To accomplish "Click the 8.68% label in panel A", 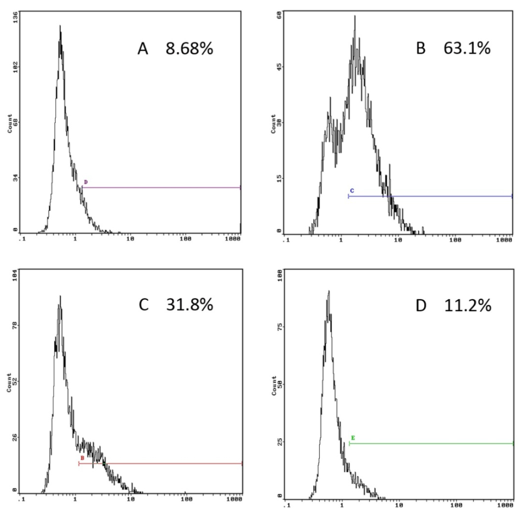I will [x=189, y=49].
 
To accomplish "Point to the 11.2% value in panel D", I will [x=467, y=306].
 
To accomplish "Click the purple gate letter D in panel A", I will [x=86, y=182].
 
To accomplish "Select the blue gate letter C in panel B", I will [x=352, y=191].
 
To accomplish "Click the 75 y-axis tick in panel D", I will [x=280, y=327].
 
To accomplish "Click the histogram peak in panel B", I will [x=355, y=16].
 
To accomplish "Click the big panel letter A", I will [x=143, y=49].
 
